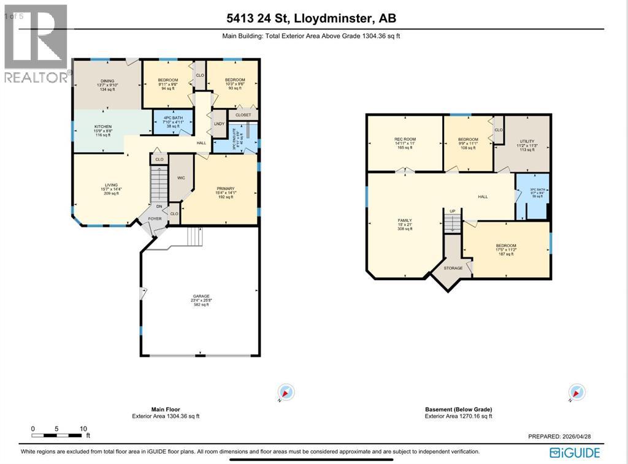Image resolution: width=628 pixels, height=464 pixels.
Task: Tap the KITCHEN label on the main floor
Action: pos(102,126)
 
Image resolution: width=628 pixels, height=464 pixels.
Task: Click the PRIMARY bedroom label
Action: pos(226,189)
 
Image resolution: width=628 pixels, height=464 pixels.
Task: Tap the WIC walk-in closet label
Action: pos(181,178)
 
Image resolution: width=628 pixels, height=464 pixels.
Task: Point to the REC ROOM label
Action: pos(405,139)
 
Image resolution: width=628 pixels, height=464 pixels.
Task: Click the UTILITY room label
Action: pos(527,141)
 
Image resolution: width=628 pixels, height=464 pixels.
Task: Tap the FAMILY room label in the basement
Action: pos(404,220)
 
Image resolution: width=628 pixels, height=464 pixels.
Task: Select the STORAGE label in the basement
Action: pos(454,268)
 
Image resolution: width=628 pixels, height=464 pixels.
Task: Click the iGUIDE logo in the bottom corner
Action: pos(575,453)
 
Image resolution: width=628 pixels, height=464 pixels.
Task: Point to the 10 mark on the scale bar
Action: pos(83,429)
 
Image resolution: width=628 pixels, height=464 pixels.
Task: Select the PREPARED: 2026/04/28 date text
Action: pos(559,436)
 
